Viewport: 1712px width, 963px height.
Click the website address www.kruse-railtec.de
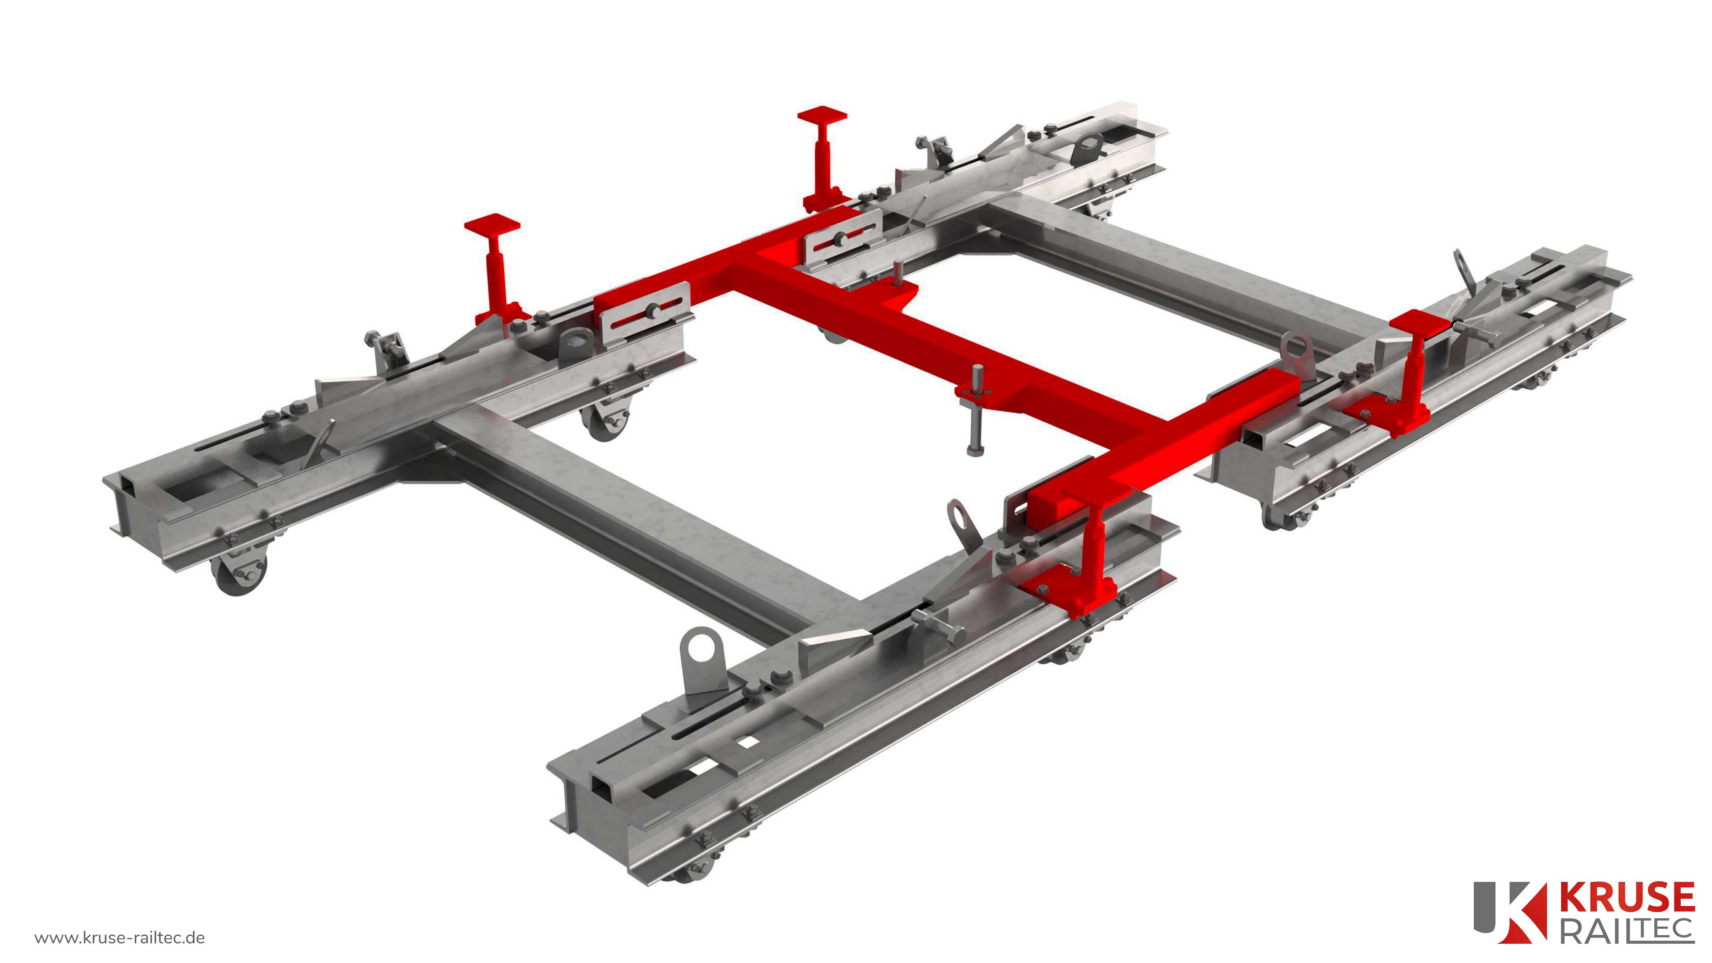point(120,938)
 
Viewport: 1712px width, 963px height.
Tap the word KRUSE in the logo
point(1626,897)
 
